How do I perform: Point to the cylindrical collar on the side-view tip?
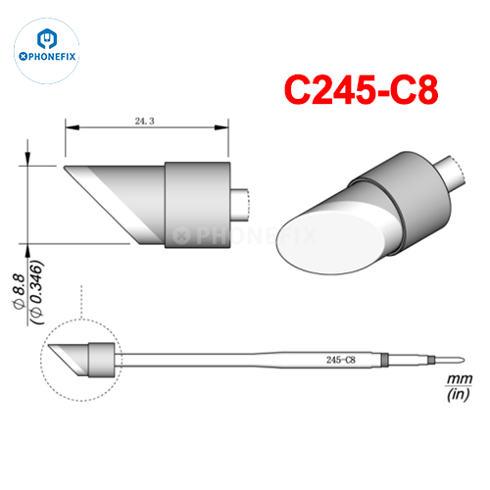point(195,204)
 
